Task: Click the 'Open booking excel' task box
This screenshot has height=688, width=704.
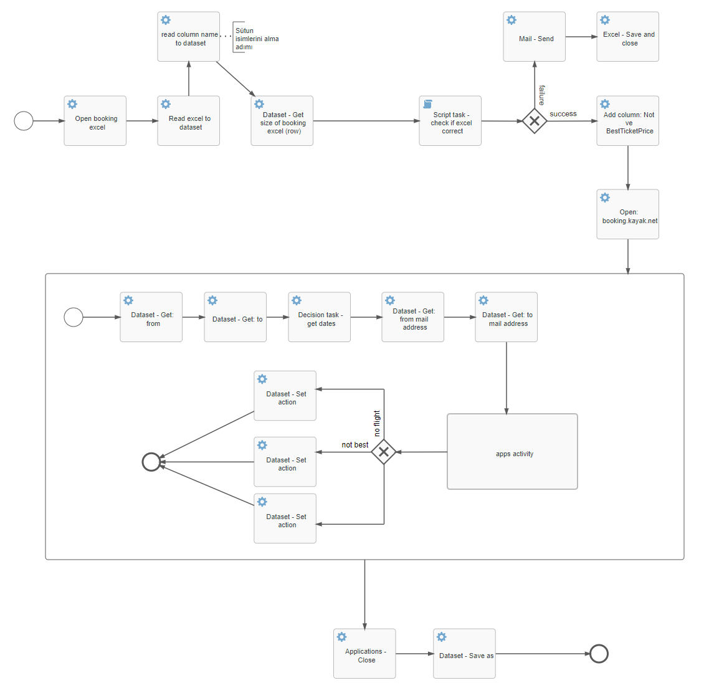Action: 95,121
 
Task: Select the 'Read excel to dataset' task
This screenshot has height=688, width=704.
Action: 189,121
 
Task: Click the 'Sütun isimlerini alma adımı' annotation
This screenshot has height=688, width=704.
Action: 255,39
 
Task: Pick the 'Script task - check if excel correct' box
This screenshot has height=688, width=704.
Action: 450,121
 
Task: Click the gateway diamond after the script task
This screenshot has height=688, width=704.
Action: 535,121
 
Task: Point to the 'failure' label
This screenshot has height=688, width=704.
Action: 542,95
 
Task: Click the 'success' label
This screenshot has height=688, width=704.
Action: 563,114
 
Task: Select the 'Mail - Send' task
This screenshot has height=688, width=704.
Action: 535,37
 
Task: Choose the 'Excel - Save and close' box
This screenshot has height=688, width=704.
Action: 628,37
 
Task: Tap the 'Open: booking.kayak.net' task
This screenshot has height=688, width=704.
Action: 628,214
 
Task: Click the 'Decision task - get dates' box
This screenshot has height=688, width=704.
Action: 320,317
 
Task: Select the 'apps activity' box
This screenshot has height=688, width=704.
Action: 512,452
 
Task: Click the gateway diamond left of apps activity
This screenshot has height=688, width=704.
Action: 384,452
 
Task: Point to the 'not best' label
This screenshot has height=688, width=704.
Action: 354,445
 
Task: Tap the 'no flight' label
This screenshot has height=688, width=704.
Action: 377,423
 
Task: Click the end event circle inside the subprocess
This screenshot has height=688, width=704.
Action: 151,462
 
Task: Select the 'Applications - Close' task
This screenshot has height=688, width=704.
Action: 365,654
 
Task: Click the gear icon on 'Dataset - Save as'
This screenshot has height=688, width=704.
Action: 442,637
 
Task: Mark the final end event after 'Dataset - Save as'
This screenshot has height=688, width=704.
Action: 599,654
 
